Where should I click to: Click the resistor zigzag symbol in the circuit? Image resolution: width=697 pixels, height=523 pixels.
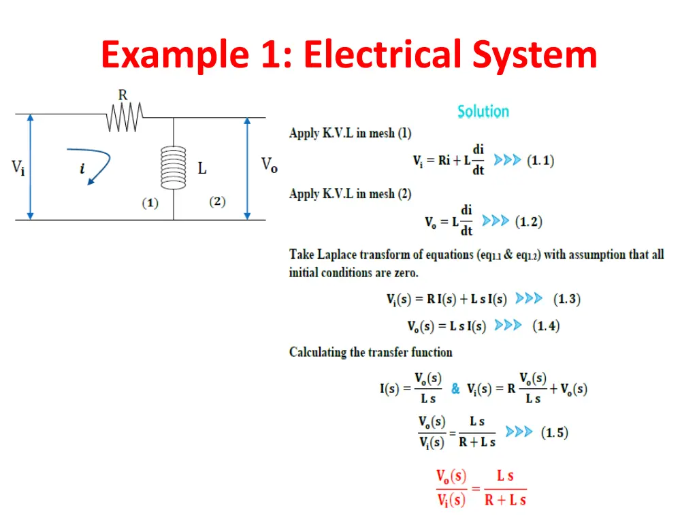124,117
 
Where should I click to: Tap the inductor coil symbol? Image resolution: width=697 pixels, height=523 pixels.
173,168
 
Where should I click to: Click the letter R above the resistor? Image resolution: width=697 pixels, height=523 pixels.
123,95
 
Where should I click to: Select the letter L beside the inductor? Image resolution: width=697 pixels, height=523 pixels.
202,168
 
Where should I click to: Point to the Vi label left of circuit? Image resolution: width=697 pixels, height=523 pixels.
18,168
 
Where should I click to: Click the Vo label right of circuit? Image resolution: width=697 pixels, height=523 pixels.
269,165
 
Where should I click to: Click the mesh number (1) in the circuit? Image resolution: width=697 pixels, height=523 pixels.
150,203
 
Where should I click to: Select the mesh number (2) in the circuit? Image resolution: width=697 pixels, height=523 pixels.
217,202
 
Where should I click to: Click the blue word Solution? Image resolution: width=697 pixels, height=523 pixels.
483,111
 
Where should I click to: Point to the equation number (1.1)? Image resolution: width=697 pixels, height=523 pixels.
540,161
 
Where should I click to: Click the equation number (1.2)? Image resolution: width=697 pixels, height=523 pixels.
528,221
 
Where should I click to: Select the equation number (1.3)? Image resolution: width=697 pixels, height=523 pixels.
566,298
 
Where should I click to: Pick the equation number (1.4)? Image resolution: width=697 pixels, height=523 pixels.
546,326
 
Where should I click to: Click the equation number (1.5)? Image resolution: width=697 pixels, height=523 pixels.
555,432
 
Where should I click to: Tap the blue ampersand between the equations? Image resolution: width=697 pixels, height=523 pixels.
455,389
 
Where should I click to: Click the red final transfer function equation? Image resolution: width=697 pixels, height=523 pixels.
481,488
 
